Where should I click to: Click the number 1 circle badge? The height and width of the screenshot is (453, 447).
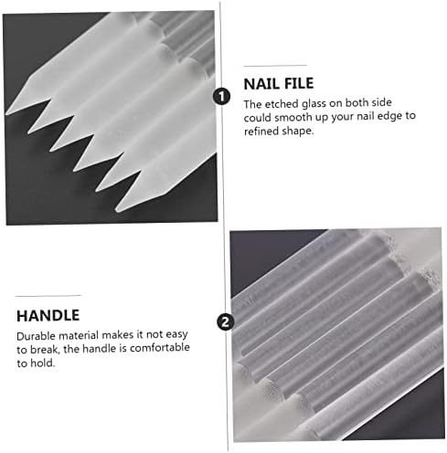coord(221,97)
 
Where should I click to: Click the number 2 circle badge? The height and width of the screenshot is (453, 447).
coord(226,322)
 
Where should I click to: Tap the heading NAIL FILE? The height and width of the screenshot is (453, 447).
coord(279,84)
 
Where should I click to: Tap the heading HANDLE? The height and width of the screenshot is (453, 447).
coord(48,315)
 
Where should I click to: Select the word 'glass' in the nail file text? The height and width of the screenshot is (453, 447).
coord(314,104)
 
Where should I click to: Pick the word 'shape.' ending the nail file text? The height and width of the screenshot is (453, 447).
coord(298,132)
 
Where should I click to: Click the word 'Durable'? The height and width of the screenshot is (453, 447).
coord(37,336)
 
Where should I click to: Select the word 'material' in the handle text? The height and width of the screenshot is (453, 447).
coord(80,336)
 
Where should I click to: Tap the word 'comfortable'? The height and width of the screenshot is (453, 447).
coord(160,347)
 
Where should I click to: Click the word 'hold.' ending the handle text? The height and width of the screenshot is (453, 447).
coord(43,363)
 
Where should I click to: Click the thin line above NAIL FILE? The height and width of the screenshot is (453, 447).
coord(275,66)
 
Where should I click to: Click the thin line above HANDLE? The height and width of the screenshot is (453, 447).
coord(48,296)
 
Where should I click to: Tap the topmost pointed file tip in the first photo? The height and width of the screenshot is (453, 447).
coord(6,114)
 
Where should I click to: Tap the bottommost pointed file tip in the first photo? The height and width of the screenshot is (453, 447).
coord(117,210)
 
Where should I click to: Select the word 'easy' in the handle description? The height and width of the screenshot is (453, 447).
coord(176,335)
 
